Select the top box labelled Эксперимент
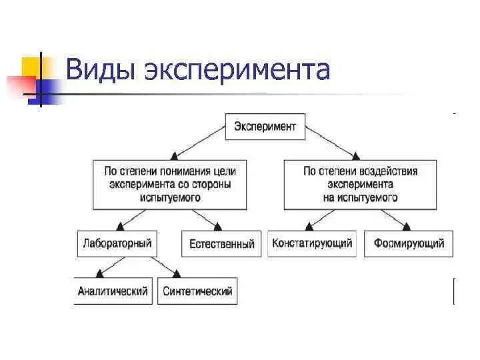tap(265, 125)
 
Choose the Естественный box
tap(221, 244)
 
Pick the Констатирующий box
tap(312, 243)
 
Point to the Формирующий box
tap(409, 243)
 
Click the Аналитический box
tap(112, 291)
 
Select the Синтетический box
tap(197, 291)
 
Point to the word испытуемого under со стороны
tap(171, 197)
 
